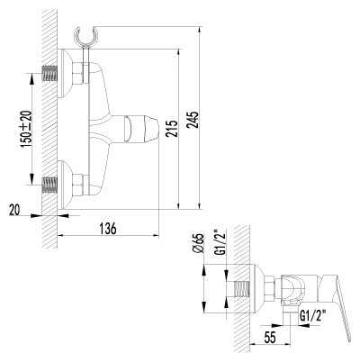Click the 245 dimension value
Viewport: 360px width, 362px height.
[193, 120]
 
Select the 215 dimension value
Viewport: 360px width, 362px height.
[172, 129]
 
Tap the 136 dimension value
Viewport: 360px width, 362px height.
[108, 229]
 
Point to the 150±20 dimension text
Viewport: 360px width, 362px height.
[26, 129]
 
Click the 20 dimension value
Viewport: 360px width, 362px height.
[14, 210]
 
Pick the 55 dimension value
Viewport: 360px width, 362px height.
[270, 338]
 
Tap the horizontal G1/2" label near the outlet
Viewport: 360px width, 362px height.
[313, 316]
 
